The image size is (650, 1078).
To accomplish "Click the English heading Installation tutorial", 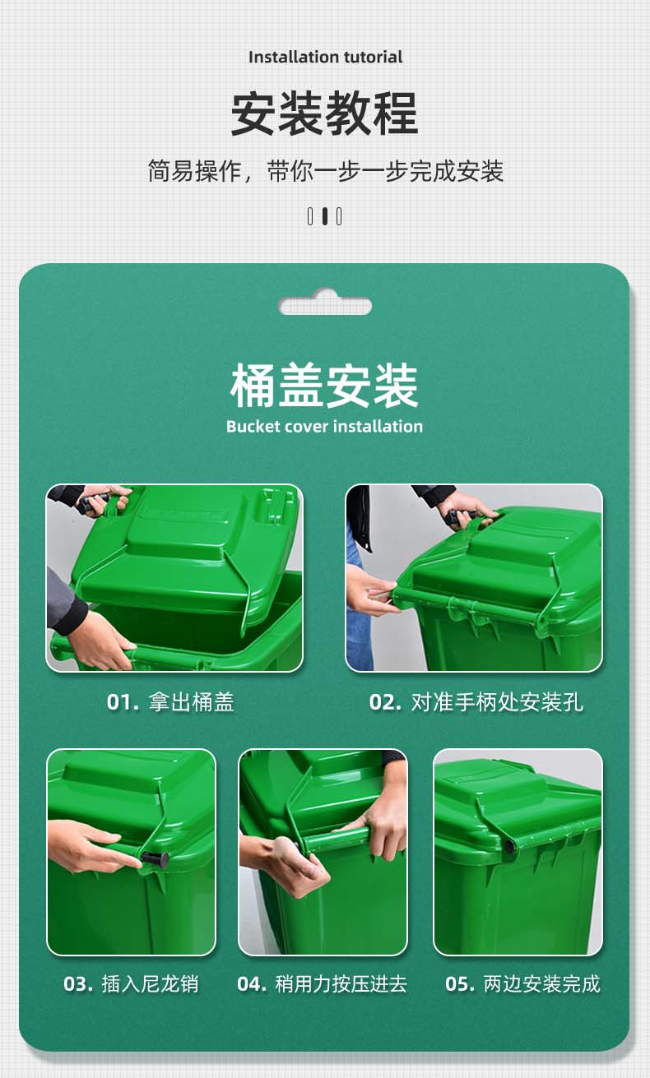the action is (x=325, y=57).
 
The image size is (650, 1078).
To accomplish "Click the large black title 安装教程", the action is (x=324, y=114).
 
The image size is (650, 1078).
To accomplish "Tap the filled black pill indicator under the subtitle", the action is (x=325, y=216).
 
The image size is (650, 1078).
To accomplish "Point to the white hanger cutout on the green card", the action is (x=325, y=303).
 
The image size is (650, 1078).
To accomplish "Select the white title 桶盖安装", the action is (x=324, y=386).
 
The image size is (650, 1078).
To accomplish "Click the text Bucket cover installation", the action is (x=324, y=427).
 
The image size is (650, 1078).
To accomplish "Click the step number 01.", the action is (x=123, y=702).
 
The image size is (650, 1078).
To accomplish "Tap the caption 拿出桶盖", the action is (x=192, y=702).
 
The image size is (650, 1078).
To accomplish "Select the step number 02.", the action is (x=385, y=702).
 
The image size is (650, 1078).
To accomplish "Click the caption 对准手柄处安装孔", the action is (x=497, y=702).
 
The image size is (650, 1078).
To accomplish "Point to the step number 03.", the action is (x=78, y=983).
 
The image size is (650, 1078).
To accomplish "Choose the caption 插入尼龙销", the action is (x=151, y=983).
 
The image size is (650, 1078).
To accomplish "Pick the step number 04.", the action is (x=252, y=983).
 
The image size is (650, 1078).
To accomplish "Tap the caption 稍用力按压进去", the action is (x=341, y=983).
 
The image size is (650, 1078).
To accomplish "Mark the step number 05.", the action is (x=460, y=983).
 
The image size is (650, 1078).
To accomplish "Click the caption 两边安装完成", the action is (x=541, y=983).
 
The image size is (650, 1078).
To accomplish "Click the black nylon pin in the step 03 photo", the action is (x=155, y=858).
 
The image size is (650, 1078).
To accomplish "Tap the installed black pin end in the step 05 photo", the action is (x=509, y=846).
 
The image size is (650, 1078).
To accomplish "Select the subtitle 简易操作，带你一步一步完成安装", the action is (x=325, y=171).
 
